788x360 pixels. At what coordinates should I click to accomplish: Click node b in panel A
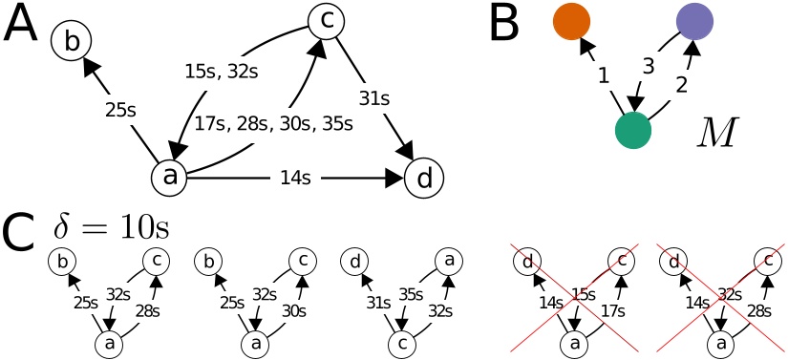click(x=74, y=40)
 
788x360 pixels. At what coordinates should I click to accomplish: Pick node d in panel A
click(x=424, y=178)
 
